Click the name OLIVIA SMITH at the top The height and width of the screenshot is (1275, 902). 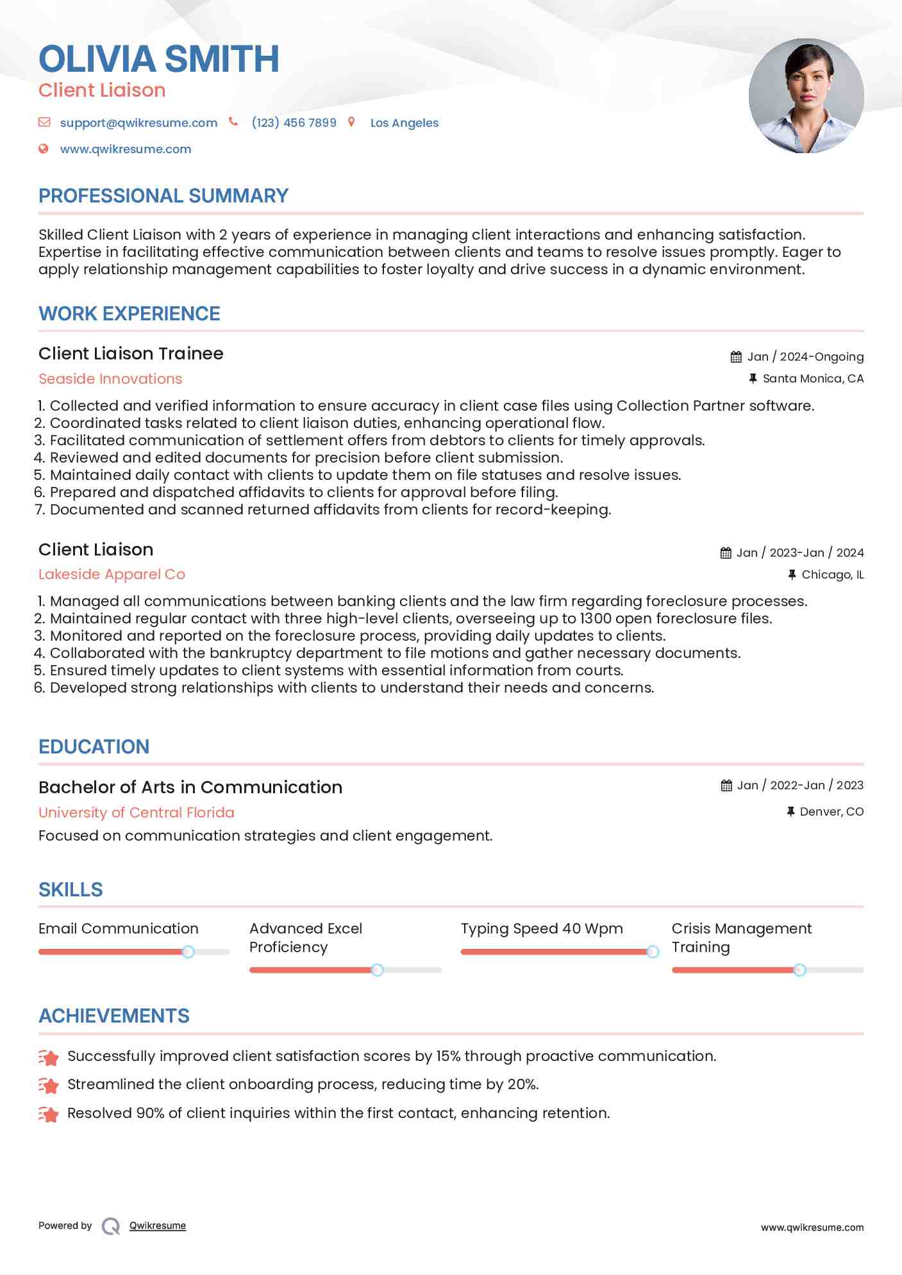click(x=158, y=59)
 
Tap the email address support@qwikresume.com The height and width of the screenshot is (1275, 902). click(x=138, y=123)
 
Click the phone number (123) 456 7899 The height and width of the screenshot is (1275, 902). click(x=294, y=123)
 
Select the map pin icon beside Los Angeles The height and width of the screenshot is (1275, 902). click(x=351, y=122)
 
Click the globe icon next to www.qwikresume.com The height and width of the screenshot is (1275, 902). click(x=44, y=149)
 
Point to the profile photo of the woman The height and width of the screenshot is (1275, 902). click(x=806, y=96)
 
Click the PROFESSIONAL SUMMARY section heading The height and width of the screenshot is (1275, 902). click(x=163, y=196)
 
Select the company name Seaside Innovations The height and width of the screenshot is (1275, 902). click(x=110, y=379)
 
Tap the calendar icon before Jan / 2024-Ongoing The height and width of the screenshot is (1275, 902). click(x=736, y=357)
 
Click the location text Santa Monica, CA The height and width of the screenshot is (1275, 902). click(x=813, y=379)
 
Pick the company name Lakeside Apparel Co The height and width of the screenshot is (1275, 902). click(x=112, y=574)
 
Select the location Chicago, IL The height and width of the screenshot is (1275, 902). click(x=832, y=575)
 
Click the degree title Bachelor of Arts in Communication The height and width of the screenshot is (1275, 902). click(x=190, y=787)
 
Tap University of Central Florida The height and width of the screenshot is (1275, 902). click(x=137, y=812)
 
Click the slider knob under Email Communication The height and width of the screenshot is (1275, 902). click(x=188, y=952)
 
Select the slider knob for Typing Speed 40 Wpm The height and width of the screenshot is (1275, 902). click(x=652, y=952)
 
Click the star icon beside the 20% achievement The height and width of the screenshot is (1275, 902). click(x=49, y=1085)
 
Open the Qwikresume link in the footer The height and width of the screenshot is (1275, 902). click(x=158, y=1226)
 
